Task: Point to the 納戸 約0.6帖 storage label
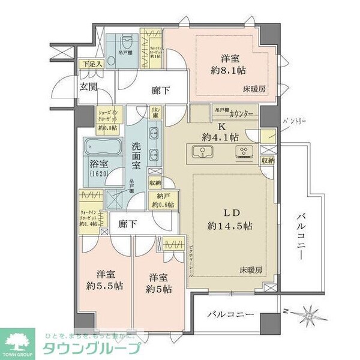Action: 163,200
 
